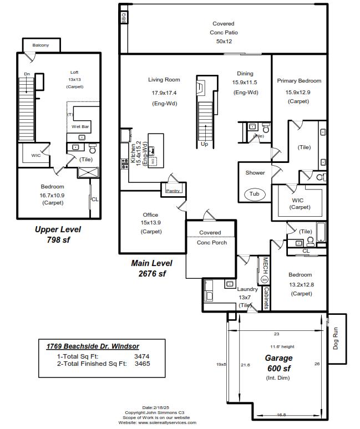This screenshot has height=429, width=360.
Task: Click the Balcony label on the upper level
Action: click(x=40, y=45)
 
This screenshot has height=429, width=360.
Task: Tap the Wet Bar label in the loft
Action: click(x=80, y=126)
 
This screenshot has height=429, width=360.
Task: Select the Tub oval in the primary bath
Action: click(x=254, y=194)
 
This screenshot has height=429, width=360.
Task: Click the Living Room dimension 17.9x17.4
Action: click(x=164, y=92)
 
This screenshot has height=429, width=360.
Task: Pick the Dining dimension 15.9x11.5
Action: click(x=245, y=83)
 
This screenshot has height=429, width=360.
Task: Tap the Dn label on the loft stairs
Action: click(x=27, y=74)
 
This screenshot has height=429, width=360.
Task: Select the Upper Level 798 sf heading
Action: click(x=58, y=234)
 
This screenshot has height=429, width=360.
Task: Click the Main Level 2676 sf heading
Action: click(x=151, y=268)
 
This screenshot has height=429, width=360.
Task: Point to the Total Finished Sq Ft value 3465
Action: click(x=142, y=364)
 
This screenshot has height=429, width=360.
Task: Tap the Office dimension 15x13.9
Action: click(x=150, y=222)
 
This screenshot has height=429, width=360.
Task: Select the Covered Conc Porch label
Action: click(x=210, y=237)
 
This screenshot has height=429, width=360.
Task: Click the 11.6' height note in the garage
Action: click(x=278, y=347)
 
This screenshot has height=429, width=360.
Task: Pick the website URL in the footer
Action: click(x=158, y=422)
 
